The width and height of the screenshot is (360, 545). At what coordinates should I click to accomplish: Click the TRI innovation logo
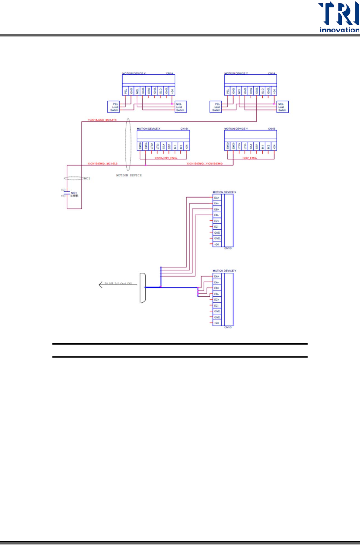click(x=338, y=17)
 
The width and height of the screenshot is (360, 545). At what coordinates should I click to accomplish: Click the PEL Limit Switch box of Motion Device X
click(x=114, y=107)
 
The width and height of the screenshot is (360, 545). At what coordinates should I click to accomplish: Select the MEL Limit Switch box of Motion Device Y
click(x=282, y=107)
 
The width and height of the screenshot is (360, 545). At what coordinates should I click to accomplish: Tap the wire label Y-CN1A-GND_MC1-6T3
click(x=102, y=120)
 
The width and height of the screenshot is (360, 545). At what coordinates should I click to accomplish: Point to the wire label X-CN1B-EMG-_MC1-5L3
click(x=103, y=164)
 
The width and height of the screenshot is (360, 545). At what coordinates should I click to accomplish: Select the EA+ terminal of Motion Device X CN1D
click(x=217, y=198)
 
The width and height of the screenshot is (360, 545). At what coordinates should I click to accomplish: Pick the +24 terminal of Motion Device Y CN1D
click(x=217, y=323)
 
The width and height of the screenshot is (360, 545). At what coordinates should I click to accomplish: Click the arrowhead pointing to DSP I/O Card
click(x=100, y=285)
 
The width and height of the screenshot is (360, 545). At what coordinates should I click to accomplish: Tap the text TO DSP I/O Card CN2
click(x=118, y=283)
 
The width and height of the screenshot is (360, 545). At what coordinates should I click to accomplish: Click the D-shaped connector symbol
click(x=142, y=288)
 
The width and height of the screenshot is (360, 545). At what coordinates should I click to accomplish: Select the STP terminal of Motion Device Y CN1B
click(x=257, y=146)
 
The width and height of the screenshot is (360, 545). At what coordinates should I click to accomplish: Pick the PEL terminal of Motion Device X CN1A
click(x=126, y=90)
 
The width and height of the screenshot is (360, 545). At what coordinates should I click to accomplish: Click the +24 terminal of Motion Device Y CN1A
click(x=274, y=90)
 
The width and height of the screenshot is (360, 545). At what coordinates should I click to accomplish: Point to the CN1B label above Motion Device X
click(x=184, y=129)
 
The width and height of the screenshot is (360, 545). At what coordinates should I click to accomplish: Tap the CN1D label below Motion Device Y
click(x=228, y=327)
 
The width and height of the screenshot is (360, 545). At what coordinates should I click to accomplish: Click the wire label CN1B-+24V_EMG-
click(x=166, y=158)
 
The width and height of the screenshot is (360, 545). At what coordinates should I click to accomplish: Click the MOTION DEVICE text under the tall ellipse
click(x=129, y=175)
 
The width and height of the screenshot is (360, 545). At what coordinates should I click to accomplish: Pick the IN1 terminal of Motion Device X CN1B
click(x=175, y=146)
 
